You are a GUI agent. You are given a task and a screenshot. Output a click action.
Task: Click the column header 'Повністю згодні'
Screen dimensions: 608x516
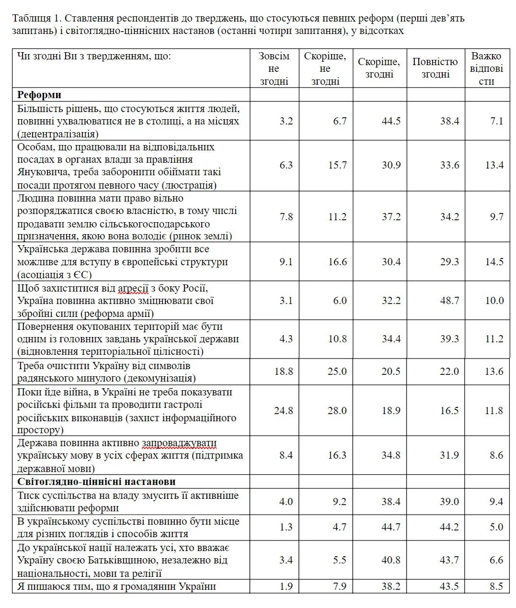click(x=435, y=68)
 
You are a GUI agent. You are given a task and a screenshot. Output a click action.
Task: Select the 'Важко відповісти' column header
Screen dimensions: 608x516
click(x=486, y=68)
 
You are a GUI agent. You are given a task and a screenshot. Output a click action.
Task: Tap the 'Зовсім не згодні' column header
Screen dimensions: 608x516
click(x=274, y=68)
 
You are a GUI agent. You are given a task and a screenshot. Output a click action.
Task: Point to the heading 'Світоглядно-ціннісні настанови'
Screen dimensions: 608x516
click(x=96, y=482)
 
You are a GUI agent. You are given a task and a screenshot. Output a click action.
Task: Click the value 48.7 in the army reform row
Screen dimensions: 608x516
click(x=449, y=301)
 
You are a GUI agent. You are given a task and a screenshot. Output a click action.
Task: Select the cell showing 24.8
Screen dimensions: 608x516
click(x=283, y=411)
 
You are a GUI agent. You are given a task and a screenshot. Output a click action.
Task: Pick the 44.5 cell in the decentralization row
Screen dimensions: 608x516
click(x=391, y=121)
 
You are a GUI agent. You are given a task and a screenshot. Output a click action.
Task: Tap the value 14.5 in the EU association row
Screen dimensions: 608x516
click(x=494, y=262)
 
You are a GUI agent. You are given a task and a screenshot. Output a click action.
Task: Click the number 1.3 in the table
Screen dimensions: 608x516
click(x=286, y=527)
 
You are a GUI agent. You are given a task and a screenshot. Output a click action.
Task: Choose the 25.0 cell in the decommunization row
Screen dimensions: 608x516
click(x=337, y=372)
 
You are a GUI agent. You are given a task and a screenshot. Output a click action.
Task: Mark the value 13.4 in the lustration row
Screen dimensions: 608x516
click(x=494, y=165)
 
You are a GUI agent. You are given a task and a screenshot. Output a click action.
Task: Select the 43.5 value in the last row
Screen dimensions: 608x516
click(x=449, y=586)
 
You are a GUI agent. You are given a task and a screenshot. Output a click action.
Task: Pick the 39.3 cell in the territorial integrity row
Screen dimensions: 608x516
click(x=449, y=339)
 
